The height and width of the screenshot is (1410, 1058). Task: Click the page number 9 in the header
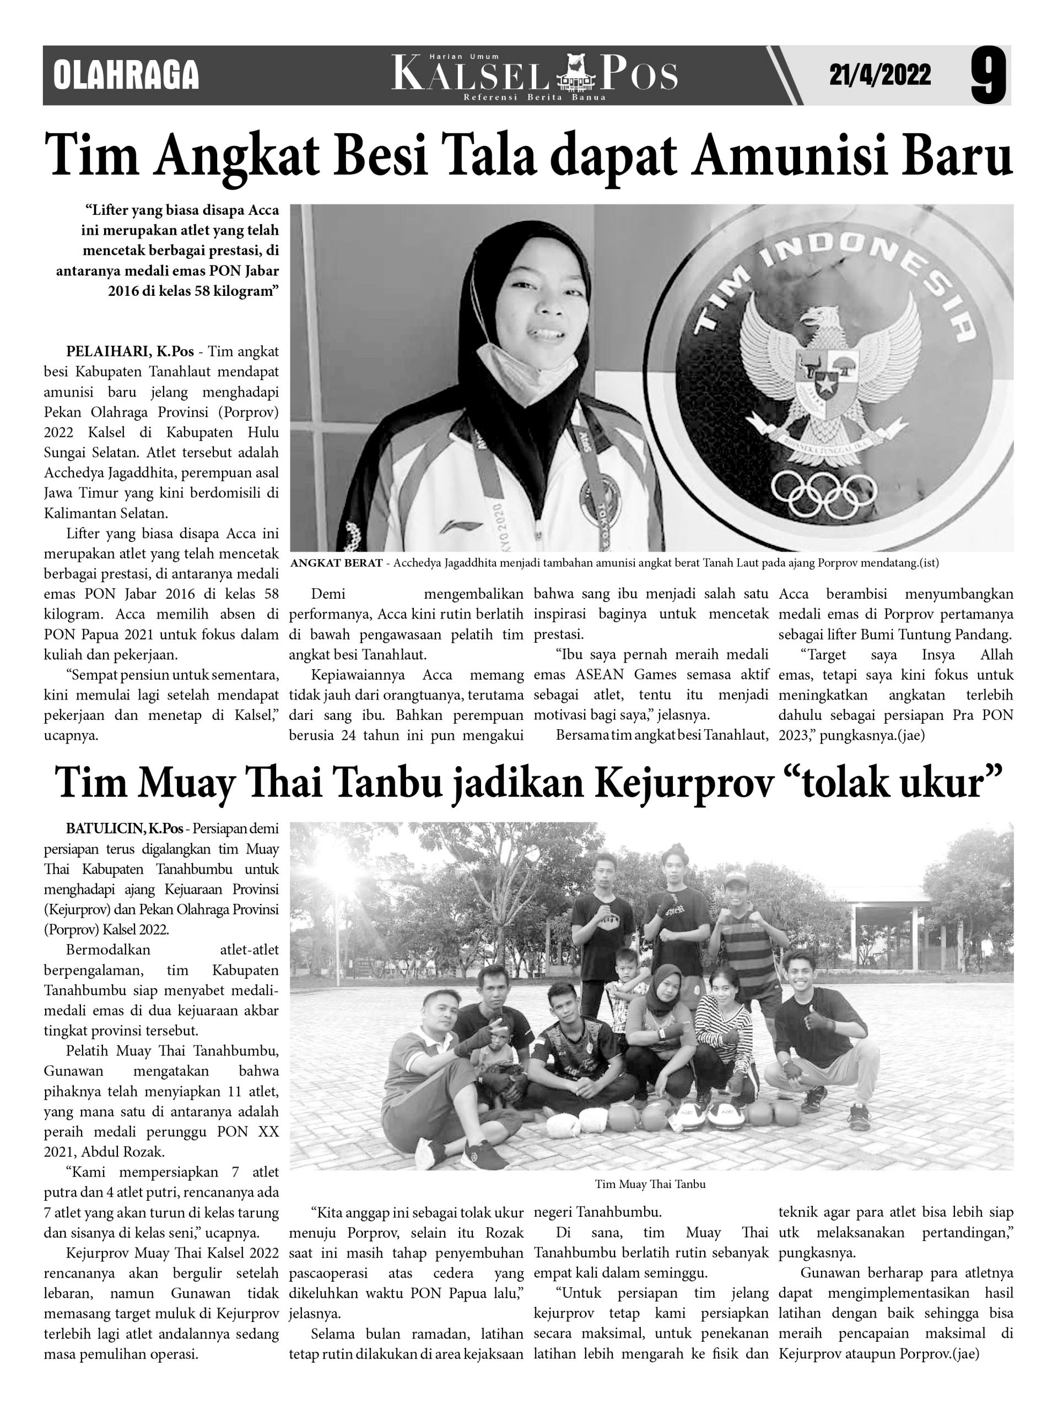pos(988,77)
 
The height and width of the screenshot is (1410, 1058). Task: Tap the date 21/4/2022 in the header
pos(879,75)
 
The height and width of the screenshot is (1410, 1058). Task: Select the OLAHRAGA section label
pos(126,75)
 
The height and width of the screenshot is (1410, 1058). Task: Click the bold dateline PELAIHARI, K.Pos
pos(130,351)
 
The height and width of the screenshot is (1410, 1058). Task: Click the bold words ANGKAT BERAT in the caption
pos(336,563)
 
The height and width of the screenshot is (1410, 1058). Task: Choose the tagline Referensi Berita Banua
pos(535,97)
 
